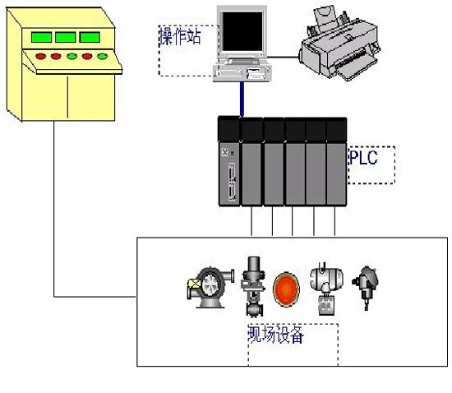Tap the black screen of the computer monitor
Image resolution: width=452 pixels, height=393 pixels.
(x=242, y=31)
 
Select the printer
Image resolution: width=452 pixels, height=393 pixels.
(x=339, y=44)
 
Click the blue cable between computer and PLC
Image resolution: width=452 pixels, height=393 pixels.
(x=242, y=99)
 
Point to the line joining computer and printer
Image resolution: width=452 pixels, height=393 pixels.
(x=283, y=57)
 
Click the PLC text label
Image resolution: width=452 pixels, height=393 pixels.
(x=363, y=157)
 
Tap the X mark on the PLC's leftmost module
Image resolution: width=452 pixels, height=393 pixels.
(x=225, y=152)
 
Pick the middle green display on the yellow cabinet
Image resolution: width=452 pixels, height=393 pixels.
(x=66, y=37)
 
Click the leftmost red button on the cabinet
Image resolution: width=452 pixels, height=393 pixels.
(x=40, y=56)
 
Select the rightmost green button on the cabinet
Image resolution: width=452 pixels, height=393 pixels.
(x=103, y=56)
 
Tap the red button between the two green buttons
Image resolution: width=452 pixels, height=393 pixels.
(x=87, y=56)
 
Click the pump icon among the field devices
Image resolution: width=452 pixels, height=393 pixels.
(x=210, y=288)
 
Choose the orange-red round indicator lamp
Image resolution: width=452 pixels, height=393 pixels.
(x=286, y=289)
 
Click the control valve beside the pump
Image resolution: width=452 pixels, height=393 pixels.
(x=253, y=287)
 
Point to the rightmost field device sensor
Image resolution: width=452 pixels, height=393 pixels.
(x=365, y=288)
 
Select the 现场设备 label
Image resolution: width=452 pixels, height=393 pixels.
(x=275, y=335)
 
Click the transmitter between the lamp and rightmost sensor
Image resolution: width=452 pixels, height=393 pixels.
(x=326, y=289)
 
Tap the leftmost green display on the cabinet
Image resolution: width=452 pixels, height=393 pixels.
(x=42, y=37)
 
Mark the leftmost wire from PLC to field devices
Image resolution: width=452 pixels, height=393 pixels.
(x=251, y=221)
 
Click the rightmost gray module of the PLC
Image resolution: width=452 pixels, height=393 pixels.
(x=336, y=173)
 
